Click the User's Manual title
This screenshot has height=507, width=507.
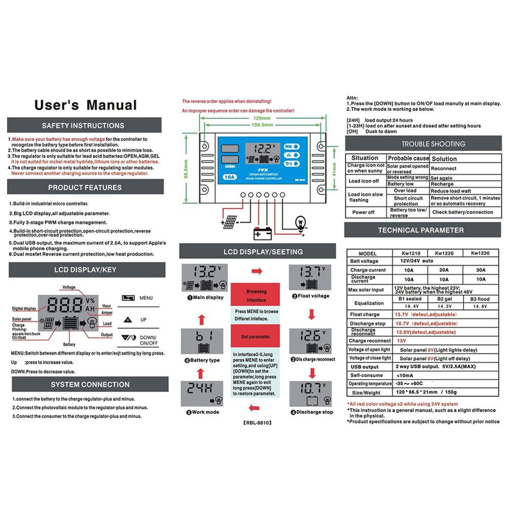(85, 105)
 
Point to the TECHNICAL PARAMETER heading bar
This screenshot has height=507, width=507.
(420, 230)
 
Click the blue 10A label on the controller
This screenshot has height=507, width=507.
(229, 178)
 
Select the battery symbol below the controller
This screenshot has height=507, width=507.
(263, 233)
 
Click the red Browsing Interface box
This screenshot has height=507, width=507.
(256, 296)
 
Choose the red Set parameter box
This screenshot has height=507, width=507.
(256, 337)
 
